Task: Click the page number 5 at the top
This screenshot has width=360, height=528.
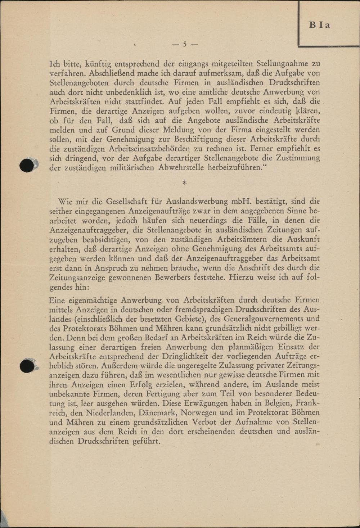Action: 185,44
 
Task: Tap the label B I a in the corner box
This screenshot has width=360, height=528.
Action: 319,25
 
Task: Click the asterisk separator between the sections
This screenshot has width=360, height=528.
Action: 185,183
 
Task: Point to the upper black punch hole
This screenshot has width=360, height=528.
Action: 27,165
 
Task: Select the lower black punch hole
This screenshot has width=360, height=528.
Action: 27,366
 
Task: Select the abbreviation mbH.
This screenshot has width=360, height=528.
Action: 242,201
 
